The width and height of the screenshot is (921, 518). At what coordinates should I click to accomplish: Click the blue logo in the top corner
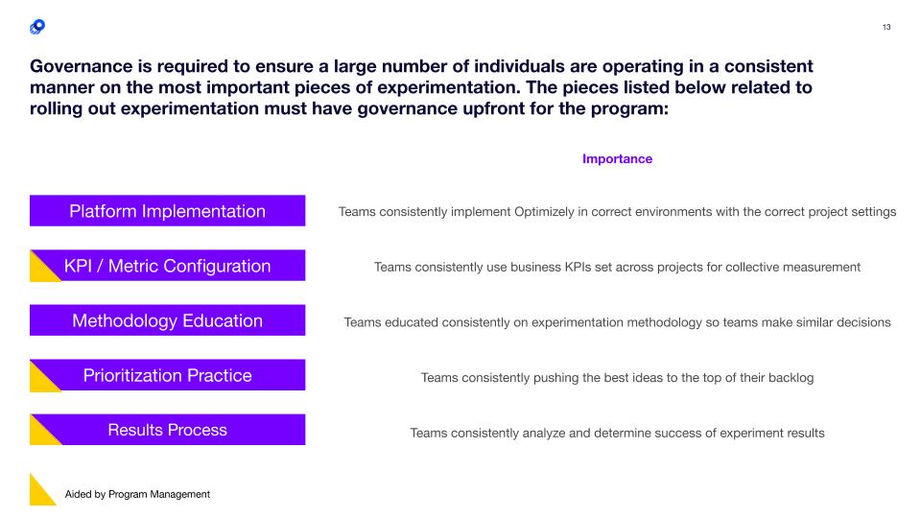pyautogui.click(x=37, y=27)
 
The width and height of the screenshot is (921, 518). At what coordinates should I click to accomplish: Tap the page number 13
pyautogui.click(x=886, y=27)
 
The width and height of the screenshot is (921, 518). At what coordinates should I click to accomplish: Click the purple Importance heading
pyautogui.click(x=617, y=158)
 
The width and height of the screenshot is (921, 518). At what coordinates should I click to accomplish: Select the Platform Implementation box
pyautogui.click(x=167, y=211)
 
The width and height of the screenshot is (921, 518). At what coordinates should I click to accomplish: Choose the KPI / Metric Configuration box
pyautogui.click(x=167, y=266)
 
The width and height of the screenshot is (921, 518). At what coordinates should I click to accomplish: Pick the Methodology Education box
pyautogui.click(x=167, y=320)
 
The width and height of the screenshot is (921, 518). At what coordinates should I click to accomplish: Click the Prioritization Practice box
pyautogui.click(x=167, y=375)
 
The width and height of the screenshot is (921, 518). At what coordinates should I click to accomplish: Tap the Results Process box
pyautogui.click(x=167, y=430)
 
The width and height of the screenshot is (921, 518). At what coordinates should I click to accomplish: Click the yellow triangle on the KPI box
pyautogui.click(x=40, y=271)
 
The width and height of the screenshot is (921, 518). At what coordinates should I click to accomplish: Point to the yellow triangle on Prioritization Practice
pyautogui.click(x=40, y=381)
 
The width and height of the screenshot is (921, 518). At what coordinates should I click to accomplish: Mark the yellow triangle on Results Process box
pyautogui.click(x=40, y=436)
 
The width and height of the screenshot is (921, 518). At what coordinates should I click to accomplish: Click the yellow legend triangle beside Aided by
pyautogui.click(x=39, y=495)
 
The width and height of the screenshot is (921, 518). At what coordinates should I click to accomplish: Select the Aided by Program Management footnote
pyautogui.click(x=137, y=495)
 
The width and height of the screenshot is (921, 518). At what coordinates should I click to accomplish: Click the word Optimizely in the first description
pyautogui.click(x=544, y=211)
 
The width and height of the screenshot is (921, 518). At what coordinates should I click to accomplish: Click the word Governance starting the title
pyautogui.click(x=82, y=66)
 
